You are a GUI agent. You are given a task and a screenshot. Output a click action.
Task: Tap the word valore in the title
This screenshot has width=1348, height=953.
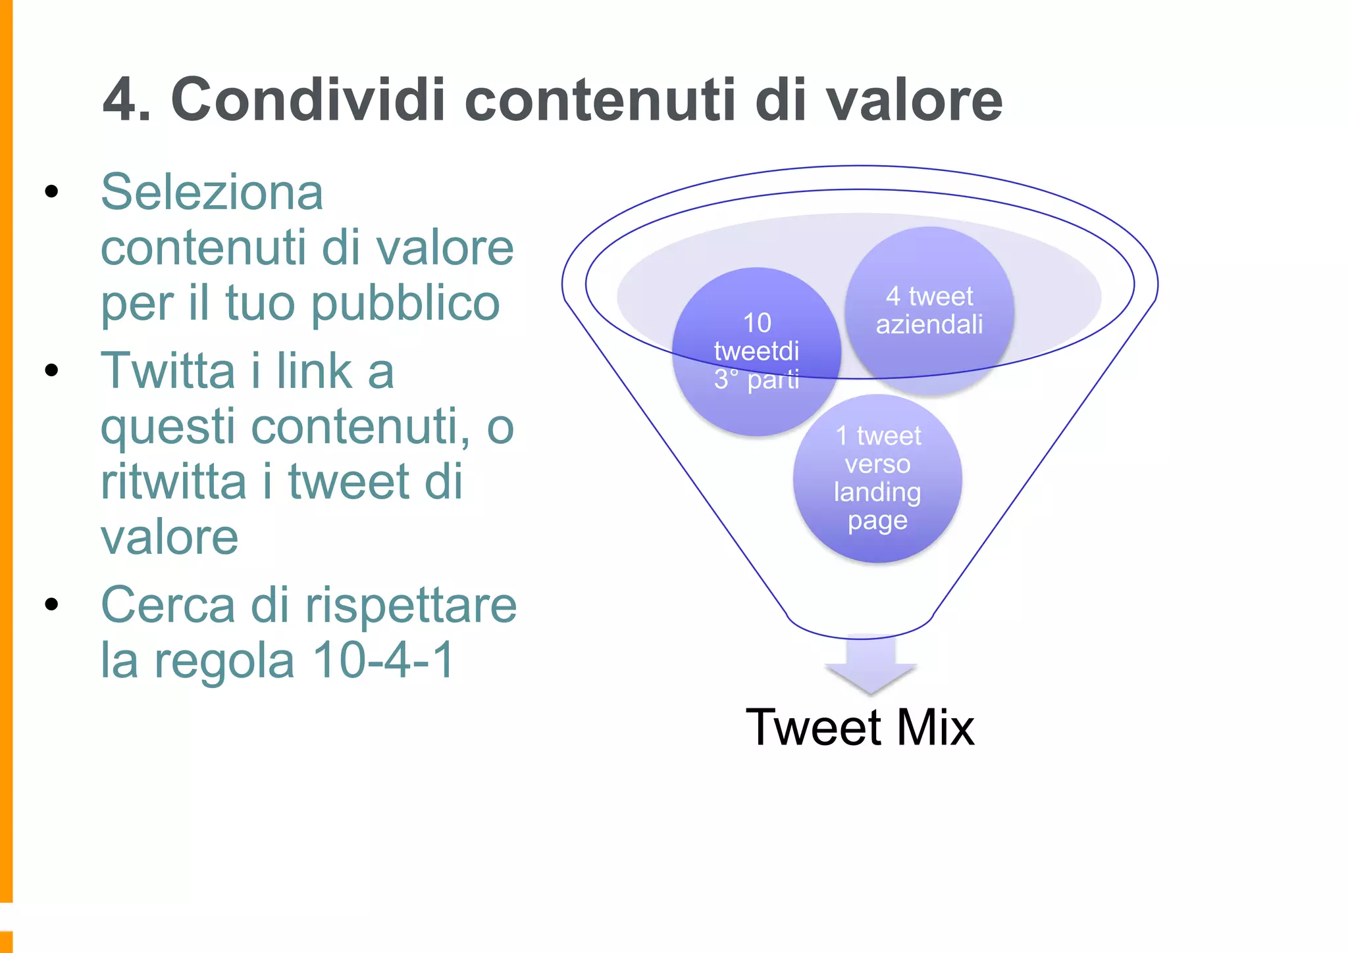click(914, 100)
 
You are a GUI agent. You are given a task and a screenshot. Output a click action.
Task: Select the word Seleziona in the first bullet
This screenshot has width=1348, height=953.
click(211, 192)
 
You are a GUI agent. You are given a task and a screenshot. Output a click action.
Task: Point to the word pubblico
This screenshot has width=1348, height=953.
click(405, 304)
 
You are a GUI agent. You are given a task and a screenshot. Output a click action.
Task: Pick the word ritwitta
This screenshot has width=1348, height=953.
click(173, 481)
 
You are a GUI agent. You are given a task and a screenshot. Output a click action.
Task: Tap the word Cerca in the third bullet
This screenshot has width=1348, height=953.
click(168, 604)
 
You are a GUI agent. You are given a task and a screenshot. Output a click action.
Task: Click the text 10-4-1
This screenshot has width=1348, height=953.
click(383, 660)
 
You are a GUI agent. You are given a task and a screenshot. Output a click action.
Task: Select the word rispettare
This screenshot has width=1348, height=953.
click(411, 604)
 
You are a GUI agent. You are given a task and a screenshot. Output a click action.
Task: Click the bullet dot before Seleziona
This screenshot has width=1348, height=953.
click(51, 192)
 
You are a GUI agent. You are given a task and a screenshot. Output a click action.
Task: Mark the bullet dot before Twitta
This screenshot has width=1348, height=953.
click(51, 370)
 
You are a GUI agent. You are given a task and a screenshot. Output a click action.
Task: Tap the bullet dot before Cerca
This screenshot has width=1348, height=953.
click(51, 604)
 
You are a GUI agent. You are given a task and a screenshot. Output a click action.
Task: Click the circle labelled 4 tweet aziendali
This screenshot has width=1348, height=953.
click(929, 311)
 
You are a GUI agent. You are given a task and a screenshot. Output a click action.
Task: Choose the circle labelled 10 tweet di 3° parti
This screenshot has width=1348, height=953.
click(756, 352)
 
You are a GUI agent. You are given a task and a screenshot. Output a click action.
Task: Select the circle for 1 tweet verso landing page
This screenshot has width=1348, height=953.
click(877, 478)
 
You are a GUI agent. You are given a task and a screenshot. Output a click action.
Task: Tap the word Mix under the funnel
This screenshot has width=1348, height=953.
click(935, 727)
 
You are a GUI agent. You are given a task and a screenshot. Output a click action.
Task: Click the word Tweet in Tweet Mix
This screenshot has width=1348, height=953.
click(814, 727)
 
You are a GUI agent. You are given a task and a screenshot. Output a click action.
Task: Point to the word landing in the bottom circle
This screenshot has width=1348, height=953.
click(877, 492)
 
